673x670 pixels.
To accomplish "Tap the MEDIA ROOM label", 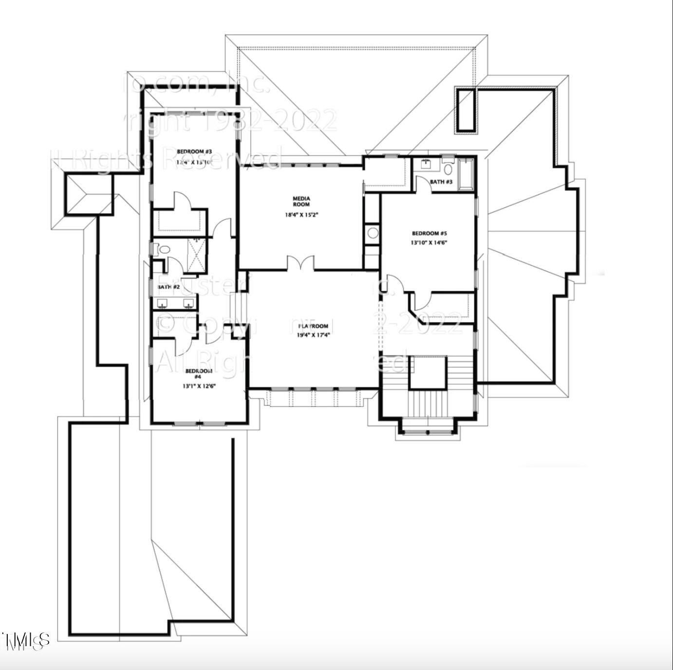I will (x=301, y=201).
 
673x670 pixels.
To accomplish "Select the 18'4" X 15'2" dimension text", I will (x=301, y=215).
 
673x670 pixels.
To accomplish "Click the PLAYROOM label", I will (x=313, y=326).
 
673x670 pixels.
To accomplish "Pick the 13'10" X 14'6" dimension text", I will (x=429, y=242).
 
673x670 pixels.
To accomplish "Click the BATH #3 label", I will (x=441, y=182).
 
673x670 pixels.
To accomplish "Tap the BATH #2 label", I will (x=169, y=287).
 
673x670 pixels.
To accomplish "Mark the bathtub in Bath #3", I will (x=466, y=174).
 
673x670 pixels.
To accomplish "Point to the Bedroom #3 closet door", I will (x=182, y=201).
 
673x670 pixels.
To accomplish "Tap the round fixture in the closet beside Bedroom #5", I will (x=373, y=233).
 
